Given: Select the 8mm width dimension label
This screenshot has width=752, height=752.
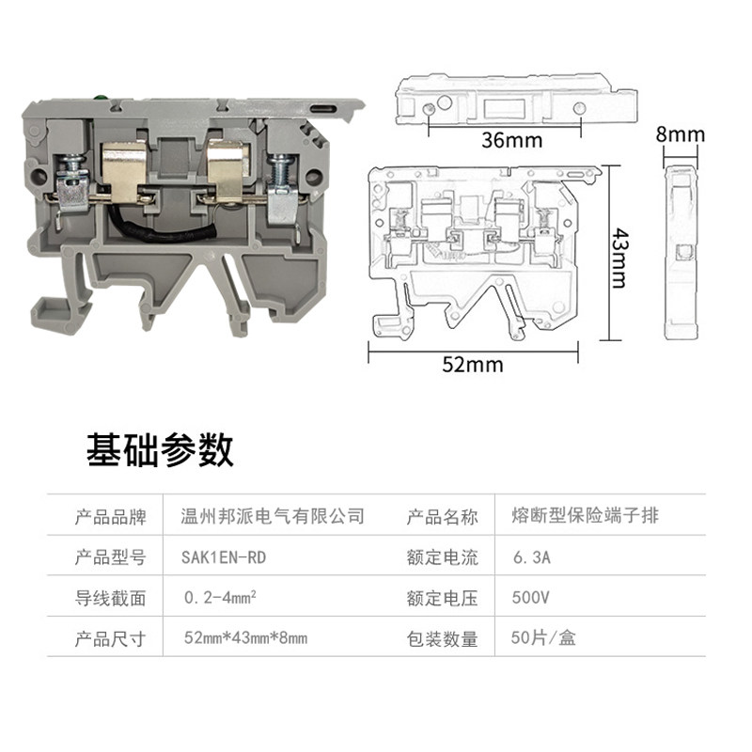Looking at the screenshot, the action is click(680, 135).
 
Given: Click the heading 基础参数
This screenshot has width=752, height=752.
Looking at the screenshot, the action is click(160, 451).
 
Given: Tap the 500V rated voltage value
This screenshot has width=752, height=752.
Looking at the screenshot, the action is click(530, 598).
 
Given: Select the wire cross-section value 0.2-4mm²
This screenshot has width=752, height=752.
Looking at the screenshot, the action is click(223, 598).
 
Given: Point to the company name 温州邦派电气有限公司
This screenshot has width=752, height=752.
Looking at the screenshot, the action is click(272, 516).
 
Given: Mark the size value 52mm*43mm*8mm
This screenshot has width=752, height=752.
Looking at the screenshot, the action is click(245, 639).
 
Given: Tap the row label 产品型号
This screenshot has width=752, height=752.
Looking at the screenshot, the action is click(110, 557).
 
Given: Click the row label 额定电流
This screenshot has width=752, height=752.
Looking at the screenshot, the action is click(442, 557).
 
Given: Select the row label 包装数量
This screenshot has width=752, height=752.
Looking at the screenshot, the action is click(442, 639).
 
